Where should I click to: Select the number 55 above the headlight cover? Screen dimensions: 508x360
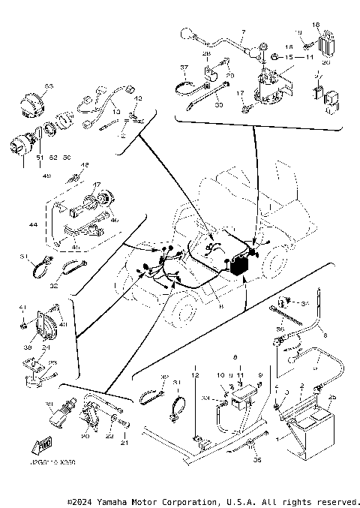(49, 87)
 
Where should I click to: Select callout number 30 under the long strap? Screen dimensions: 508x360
(218, 106)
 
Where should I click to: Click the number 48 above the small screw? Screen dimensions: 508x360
(85, 164)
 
